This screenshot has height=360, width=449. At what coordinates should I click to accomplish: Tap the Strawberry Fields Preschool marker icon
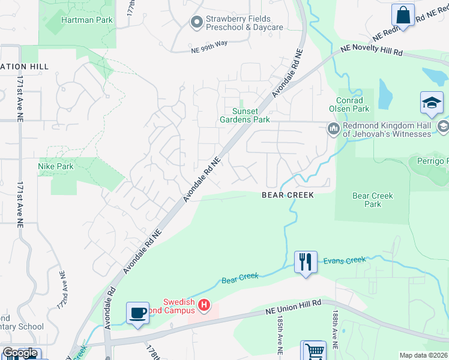click(x=196, y=23)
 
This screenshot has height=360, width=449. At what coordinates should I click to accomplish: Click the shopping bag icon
click(x=403, y=15)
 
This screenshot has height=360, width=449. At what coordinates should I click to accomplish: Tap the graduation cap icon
click(x=432, y=103)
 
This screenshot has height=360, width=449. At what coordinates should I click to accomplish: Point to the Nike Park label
click(x=55, y=166)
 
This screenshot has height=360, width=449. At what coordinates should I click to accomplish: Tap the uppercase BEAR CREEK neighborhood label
click(x=288, y=195)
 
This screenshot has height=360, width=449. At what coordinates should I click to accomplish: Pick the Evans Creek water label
click(x=344, y=260)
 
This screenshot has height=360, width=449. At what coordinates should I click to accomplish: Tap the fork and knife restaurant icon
click(x=306, y=262)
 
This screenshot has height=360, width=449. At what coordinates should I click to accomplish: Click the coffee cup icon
click(x=138, y=313)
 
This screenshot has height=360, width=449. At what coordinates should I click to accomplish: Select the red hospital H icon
click(x=204, y=306)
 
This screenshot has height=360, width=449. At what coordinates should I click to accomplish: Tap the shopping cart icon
click(x=314, y=351)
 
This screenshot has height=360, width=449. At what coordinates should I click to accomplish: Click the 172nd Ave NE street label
click(x=62, y=288)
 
